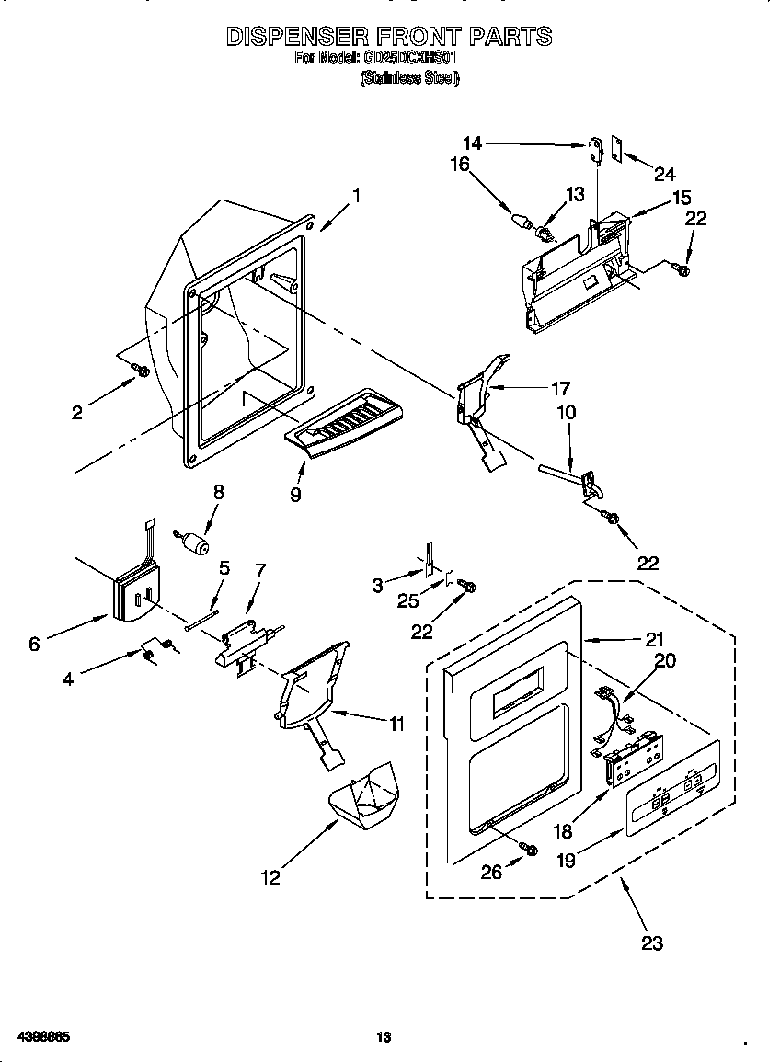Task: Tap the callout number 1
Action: point(356,195)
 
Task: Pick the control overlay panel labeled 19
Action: point(671,798)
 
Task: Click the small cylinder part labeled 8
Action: point(193,543)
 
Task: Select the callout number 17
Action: point(560,388)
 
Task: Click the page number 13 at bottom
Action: point(384,1038)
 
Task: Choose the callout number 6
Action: point(34,644)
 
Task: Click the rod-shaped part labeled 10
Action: point(561,473)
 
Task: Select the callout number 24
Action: point(664,174)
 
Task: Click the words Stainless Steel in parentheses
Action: point(409,78)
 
